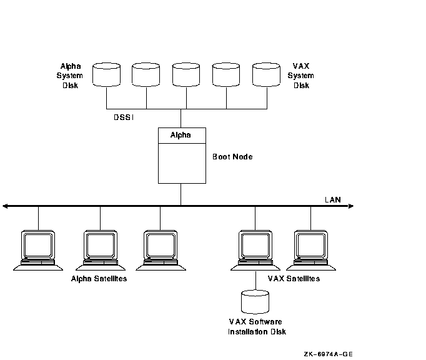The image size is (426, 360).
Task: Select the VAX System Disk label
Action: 301,75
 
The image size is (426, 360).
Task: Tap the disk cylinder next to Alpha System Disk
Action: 107,74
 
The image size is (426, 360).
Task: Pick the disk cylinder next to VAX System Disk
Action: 267,74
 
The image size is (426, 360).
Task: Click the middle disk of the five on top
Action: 187,74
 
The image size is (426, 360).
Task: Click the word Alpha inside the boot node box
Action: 181,135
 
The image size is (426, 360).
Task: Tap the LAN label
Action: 332,199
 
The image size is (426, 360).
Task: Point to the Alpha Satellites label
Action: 99,278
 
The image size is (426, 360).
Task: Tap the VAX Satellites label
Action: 294,278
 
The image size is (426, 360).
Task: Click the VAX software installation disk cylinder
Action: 255,301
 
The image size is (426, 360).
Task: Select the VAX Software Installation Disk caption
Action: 257,326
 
